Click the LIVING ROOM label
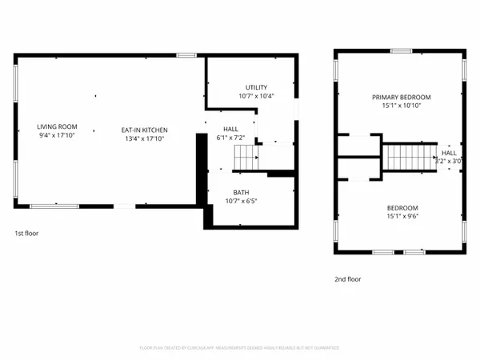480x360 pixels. (56, 126)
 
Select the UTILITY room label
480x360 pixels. (256, 88)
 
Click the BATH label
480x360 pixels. (241, 193)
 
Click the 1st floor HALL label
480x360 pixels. (230, 130)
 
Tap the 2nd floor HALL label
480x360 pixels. (450, 153)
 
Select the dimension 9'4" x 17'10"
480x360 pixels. (56, 135)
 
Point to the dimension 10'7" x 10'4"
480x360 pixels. (256, 97)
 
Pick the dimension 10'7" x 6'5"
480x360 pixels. (241, 202)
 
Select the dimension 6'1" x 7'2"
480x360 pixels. (230, 138)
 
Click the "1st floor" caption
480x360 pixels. (26, 234)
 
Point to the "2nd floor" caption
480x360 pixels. (347, 279)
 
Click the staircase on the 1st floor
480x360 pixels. (244, 158)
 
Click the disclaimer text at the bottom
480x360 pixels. (240, 348)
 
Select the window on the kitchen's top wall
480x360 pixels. (186, 55)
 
